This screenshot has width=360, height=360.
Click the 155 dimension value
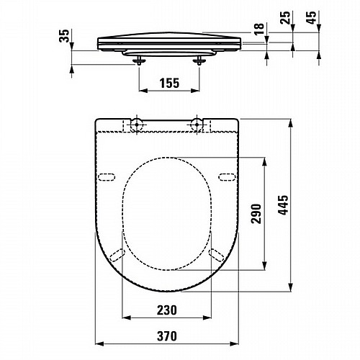click(169, 83)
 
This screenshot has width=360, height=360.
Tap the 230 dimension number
click(167, 310)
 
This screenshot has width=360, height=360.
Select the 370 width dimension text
click(167, 336)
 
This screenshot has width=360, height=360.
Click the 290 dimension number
click(256, 214)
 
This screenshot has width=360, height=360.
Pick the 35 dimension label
click(64, 36)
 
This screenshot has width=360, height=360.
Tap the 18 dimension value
click(259, 29)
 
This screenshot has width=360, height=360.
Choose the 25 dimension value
click(285, 17)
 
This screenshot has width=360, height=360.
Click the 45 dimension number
click(312, 17)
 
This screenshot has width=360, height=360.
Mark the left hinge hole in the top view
click(137, 125)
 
